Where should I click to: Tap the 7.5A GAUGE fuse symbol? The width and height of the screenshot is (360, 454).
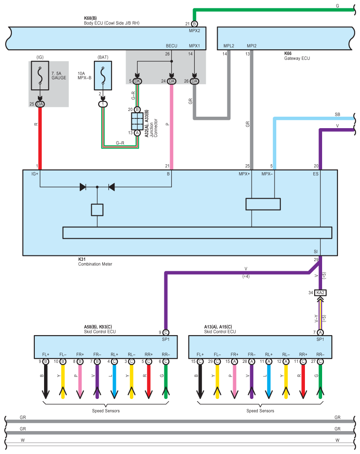click(40, 76)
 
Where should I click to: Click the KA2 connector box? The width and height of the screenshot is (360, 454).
click(320, 292)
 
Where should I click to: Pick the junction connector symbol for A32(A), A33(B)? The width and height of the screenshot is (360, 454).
click(137, 121)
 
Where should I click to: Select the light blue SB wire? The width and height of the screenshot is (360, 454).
click(308, 118)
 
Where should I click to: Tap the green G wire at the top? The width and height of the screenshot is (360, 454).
click(273, 9)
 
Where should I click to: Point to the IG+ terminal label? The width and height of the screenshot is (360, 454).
click(35, 174)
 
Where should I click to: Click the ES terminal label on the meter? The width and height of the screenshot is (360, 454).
click(316, 174)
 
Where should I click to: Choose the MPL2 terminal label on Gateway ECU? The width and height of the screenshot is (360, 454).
click(229, 46)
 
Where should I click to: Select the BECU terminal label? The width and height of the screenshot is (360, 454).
click(171, 46)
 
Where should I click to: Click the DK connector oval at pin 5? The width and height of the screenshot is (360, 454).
click(137, 81)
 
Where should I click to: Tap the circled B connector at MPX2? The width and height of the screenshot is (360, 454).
click(194, 23)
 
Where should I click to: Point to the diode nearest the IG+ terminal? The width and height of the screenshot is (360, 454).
click(83, 187)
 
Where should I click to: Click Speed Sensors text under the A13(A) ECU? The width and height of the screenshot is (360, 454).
click(260, 411)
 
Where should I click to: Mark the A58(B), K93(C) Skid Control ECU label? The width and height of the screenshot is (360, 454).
click(100, 329)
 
